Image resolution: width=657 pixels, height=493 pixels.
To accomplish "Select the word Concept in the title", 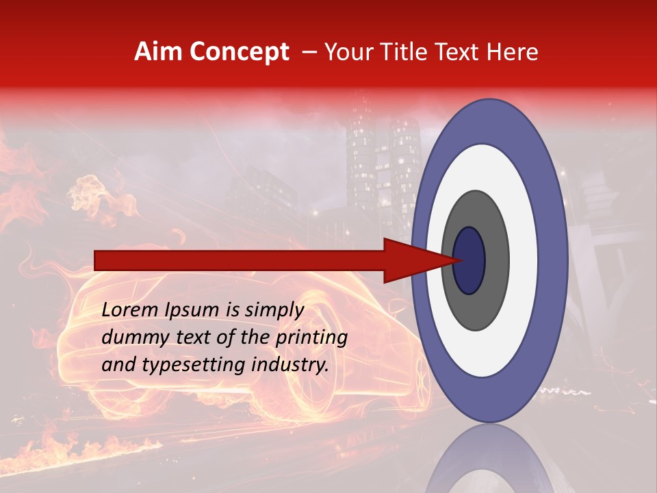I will (239, 52).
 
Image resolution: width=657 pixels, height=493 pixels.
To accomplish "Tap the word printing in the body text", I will (311, 338).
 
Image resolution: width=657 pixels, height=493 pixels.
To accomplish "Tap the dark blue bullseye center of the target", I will (469, 260).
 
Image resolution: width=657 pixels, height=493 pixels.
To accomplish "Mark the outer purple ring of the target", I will (554, 260).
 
